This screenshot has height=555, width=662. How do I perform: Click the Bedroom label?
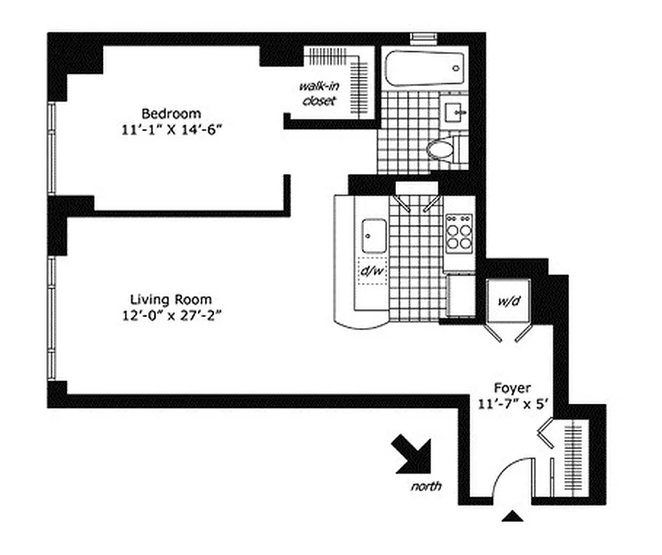point(172,113)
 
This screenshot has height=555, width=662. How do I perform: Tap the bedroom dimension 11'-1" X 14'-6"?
point(172,128)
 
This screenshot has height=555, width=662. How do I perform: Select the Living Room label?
point(172,300)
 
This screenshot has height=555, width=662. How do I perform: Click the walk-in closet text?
point(317,94)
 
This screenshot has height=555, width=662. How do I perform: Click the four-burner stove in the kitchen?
point(458,233)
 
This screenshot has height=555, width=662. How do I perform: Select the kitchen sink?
point(374,236)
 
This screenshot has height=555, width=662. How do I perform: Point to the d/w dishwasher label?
point(372,271)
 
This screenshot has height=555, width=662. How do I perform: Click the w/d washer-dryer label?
point(508,301)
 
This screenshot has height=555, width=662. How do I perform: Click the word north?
point(426,486)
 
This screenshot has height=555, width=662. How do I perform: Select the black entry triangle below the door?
point(512,515)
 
